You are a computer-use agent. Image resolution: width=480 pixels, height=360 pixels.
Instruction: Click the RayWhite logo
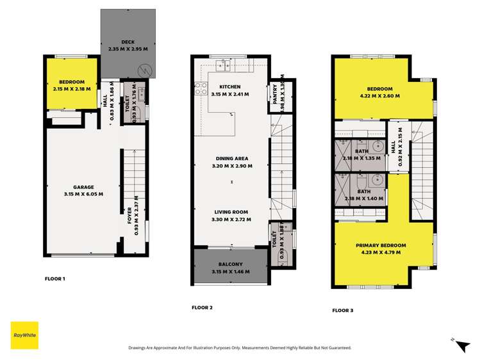pyautogui.click(x=24, y=335)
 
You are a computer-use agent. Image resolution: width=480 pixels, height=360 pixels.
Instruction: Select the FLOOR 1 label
pyautogui.click(x=55, y=279)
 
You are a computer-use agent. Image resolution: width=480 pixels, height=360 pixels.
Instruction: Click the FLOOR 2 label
pyautogui.click(x=202, y=307)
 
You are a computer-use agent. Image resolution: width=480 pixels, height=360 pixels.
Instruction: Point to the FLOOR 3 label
pyautogui.click(x=342, y=310)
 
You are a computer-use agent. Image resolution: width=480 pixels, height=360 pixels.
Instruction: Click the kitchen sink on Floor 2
pyautogui.click(x=224, y=63)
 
